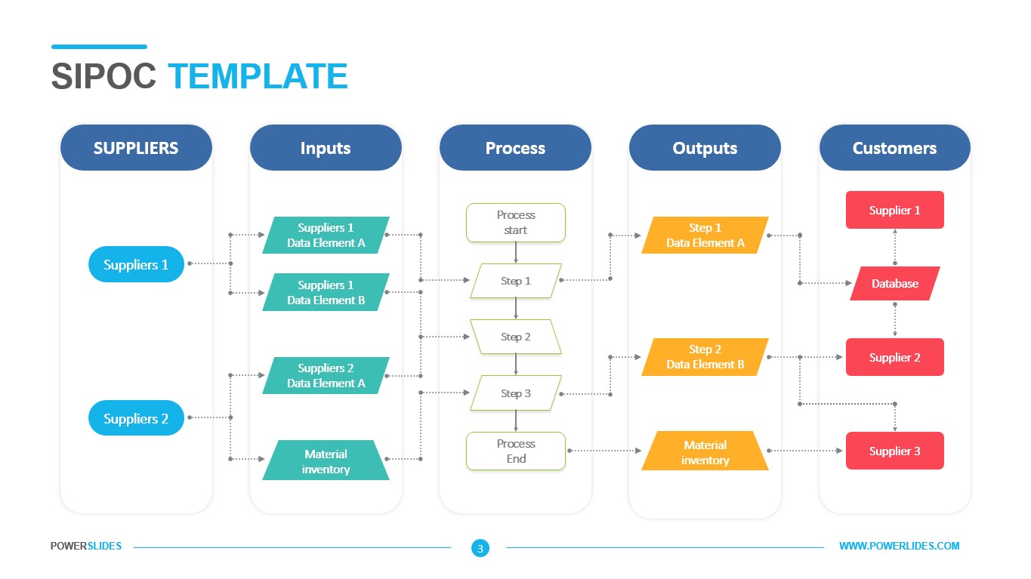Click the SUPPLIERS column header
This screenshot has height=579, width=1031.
(136, 148)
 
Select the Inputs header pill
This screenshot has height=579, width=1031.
(326, 148)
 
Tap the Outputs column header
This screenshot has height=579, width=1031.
(705, 148)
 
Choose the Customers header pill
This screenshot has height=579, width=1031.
(894, 148)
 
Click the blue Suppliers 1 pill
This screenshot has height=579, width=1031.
(136, 265)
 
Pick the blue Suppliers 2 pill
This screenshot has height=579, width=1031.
(136, 419)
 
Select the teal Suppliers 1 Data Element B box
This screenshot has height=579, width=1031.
(326, 293)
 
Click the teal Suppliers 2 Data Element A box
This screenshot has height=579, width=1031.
(326, 376)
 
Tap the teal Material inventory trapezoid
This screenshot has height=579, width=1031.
(326, 461)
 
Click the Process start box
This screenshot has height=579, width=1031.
(516, 223)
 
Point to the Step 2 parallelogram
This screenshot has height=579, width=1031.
(516, 337)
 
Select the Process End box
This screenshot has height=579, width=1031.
(516, 451)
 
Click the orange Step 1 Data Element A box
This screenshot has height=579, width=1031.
(705, 236)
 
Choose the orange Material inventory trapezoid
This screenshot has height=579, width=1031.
(705, 452)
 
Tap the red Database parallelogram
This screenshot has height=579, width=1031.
(894, 284)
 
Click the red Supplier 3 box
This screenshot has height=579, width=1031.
(894, 451)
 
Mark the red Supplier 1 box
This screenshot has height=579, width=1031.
(894, 211)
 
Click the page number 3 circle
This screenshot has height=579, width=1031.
(480, 549)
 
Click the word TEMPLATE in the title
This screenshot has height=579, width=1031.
(258, 77)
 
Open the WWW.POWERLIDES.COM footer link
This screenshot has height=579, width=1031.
(899, 547)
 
